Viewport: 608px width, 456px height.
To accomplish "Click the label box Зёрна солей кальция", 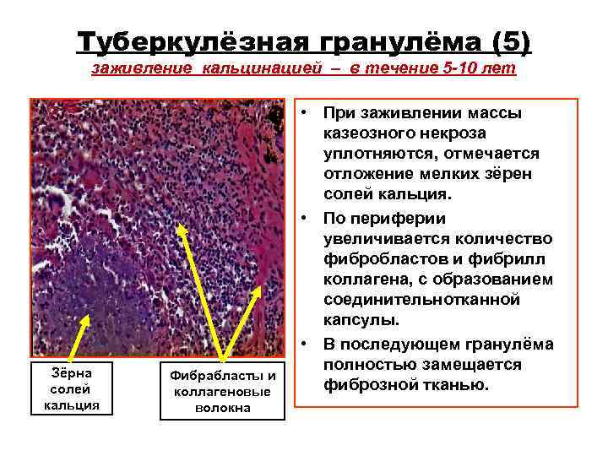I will coord(71,388).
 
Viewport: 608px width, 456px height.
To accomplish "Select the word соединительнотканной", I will coord(421,301).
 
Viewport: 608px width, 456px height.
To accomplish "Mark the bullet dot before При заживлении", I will coord(310,112).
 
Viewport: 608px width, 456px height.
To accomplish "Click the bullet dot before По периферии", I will coord(310,217).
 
